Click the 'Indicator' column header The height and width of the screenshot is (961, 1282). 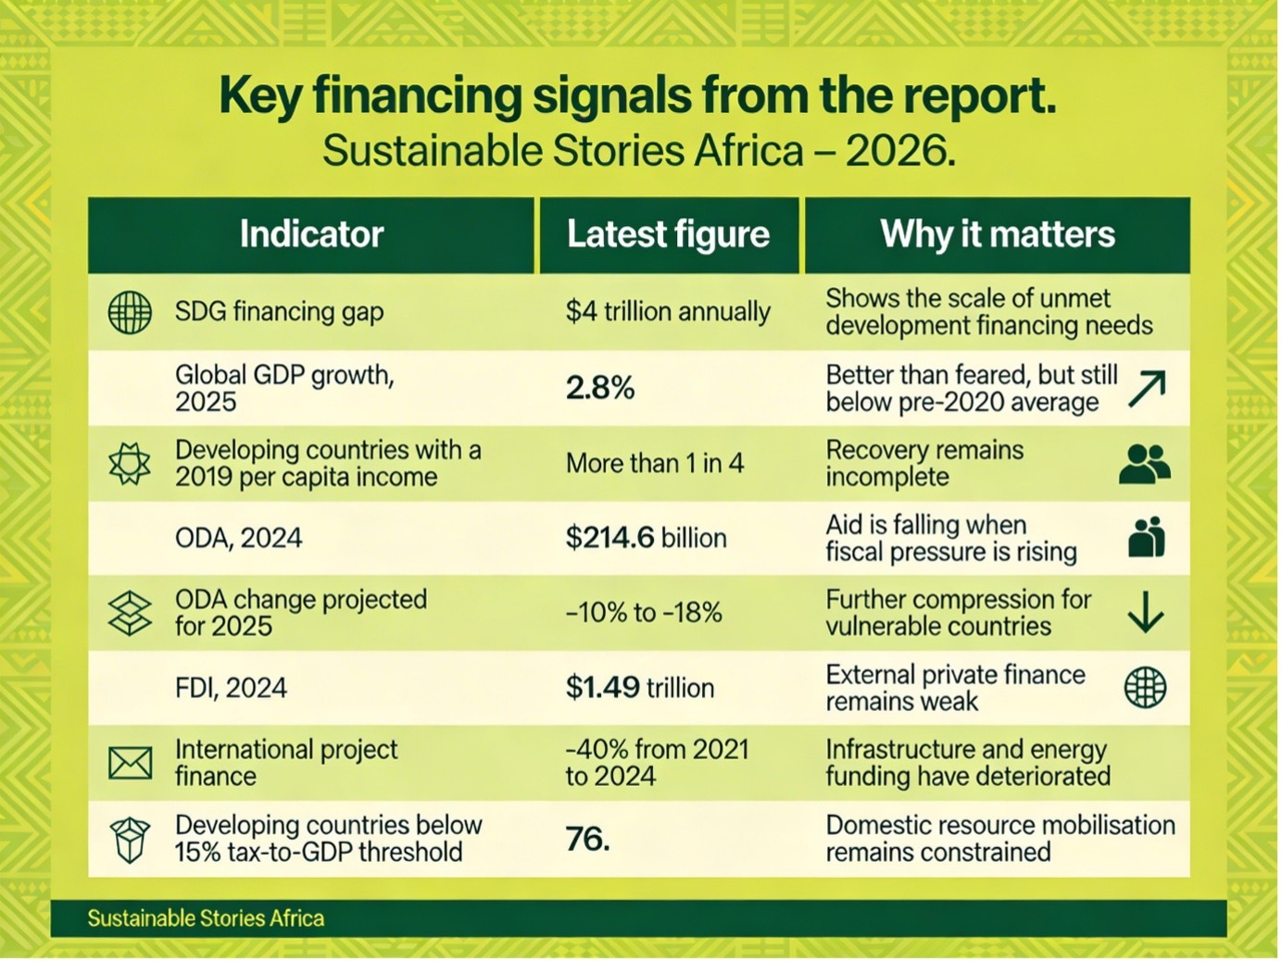click(311, 234)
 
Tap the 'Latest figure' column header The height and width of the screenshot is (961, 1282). click(668, 234)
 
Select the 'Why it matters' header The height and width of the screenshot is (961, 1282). click(997, 234)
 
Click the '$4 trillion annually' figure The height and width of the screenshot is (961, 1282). click(668, 312)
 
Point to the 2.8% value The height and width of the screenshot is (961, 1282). click(600, 388)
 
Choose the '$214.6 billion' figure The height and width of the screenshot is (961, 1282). click(646, 538)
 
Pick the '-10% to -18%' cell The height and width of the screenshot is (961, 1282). click(644, 613)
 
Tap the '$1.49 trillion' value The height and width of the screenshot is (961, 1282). click(640, 688)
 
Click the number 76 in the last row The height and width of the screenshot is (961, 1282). click(587, 840)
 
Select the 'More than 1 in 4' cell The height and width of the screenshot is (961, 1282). click(655, 463)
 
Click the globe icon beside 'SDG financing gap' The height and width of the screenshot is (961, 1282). click(130, 312)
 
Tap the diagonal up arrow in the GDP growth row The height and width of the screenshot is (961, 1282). click(1147, 389)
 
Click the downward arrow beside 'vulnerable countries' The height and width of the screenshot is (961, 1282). click(1146, 613)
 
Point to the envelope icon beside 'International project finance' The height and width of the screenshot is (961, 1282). click(130, 764)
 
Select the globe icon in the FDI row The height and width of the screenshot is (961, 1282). click(1145, 688)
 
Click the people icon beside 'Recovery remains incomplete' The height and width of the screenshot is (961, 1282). click(1145, 463)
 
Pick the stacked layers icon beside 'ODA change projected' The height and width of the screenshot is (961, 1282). click(130, 613)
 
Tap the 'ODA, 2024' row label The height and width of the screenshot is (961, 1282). click(239, 538)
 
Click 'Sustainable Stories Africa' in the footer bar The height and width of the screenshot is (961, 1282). click(206, 918)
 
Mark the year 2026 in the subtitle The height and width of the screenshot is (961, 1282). click(899, 151)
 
